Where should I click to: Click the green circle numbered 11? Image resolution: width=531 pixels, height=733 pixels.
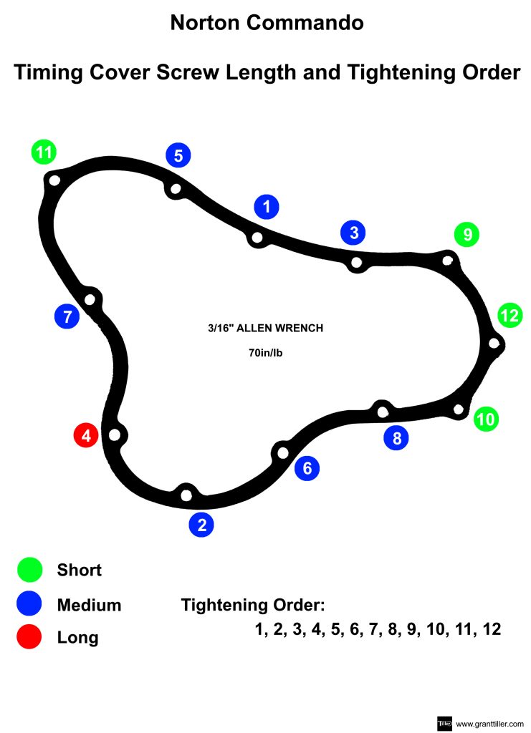[x=44, y=152]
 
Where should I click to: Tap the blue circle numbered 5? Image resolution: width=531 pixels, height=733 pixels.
[x=178, y=155]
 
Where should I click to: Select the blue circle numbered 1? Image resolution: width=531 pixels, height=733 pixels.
[x=267, y=207]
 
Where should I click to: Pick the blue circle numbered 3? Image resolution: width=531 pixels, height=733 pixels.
[x=353, y=232]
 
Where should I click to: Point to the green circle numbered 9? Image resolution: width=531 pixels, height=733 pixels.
[x=467, y=234]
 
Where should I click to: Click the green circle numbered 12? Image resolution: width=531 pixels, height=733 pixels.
[x=510, y=315]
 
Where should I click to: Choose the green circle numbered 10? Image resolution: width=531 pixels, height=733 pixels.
[x=486, y=419]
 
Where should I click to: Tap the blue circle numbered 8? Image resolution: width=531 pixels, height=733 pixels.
[x=396, y=437]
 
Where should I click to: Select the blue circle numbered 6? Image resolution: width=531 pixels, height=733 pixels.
[x=307, y=468]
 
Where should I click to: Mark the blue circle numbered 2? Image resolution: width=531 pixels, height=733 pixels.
[x=201, y=525]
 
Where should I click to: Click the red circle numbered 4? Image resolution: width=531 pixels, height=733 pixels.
[x=86, y=435]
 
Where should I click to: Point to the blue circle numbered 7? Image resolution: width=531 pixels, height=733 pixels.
[x=67, y=316]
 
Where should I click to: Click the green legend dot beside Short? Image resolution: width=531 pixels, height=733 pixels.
[x=30, y=570]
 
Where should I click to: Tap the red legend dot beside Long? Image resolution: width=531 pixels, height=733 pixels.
[x=30, y=636]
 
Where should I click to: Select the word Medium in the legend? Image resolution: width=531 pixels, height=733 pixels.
[x=89, y=605]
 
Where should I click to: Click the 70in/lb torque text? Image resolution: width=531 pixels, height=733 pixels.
[x=265, y=352]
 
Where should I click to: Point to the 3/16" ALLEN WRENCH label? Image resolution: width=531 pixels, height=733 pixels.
[x=265, y=329]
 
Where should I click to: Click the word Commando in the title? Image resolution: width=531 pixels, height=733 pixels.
[x=305, y=23]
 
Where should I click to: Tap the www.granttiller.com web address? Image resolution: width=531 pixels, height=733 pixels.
[x=489, y=723]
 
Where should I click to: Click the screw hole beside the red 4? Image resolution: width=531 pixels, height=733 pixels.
[x=114, y=434]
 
